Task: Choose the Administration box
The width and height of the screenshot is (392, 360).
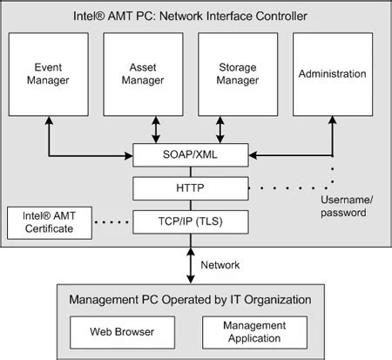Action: point(332,74)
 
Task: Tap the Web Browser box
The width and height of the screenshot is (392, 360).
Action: point(121,332)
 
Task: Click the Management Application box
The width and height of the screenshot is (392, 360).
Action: point(254,332)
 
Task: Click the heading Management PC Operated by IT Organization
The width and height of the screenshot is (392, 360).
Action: point(189,300)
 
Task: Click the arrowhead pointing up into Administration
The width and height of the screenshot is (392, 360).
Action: point(332,123)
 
